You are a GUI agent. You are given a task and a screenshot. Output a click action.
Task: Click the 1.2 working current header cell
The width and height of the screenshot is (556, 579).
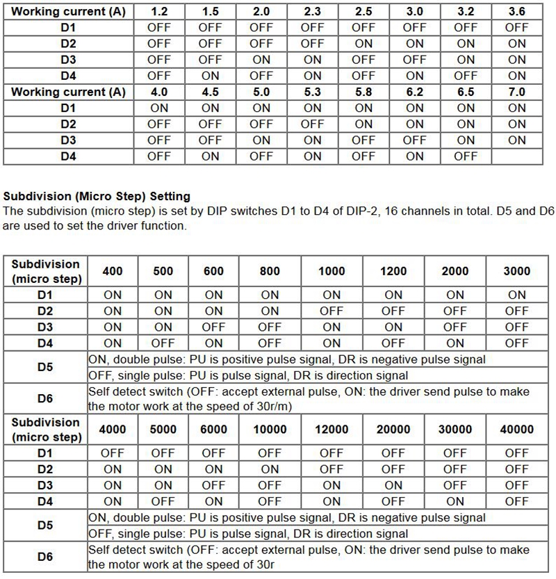click(158, 12)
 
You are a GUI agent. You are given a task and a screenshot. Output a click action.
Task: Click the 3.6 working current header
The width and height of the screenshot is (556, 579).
click(516, 12)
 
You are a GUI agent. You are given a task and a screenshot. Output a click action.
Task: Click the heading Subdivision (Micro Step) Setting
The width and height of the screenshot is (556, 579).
click(97, 197)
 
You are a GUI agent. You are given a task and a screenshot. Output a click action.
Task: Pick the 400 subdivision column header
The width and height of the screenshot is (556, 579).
click(113, 271)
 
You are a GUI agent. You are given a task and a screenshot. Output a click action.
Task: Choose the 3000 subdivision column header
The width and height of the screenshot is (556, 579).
click(516, 271)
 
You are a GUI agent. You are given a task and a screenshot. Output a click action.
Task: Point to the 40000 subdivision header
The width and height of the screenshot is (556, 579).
click(516, 429)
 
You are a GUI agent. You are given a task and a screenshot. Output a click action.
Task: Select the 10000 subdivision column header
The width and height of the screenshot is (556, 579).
click(270, 429)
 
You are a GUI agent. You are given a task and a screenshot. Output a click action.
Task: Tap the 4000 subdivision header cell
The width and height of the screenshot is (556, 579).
click(113, 429)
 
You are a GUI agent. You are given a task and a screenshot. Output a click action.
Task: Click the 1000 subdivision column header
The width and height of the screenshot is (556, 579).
click(332, 271)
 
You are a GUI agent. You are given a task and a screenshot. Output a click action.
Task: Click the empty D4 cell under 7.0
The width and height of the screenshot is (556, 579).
click(516, 156)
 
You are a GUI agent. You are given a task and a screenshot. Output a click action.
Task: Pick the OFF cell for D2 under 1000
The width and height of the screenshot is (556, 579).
click(332, 311)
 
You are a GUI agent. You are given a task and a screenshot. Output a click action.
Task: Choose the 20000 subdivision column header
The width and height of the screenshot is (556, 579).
click(393, 429)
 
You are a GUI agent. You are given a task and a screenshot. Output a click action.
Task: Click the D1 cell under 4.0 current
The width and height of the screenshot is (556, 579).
click(158, 108)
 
